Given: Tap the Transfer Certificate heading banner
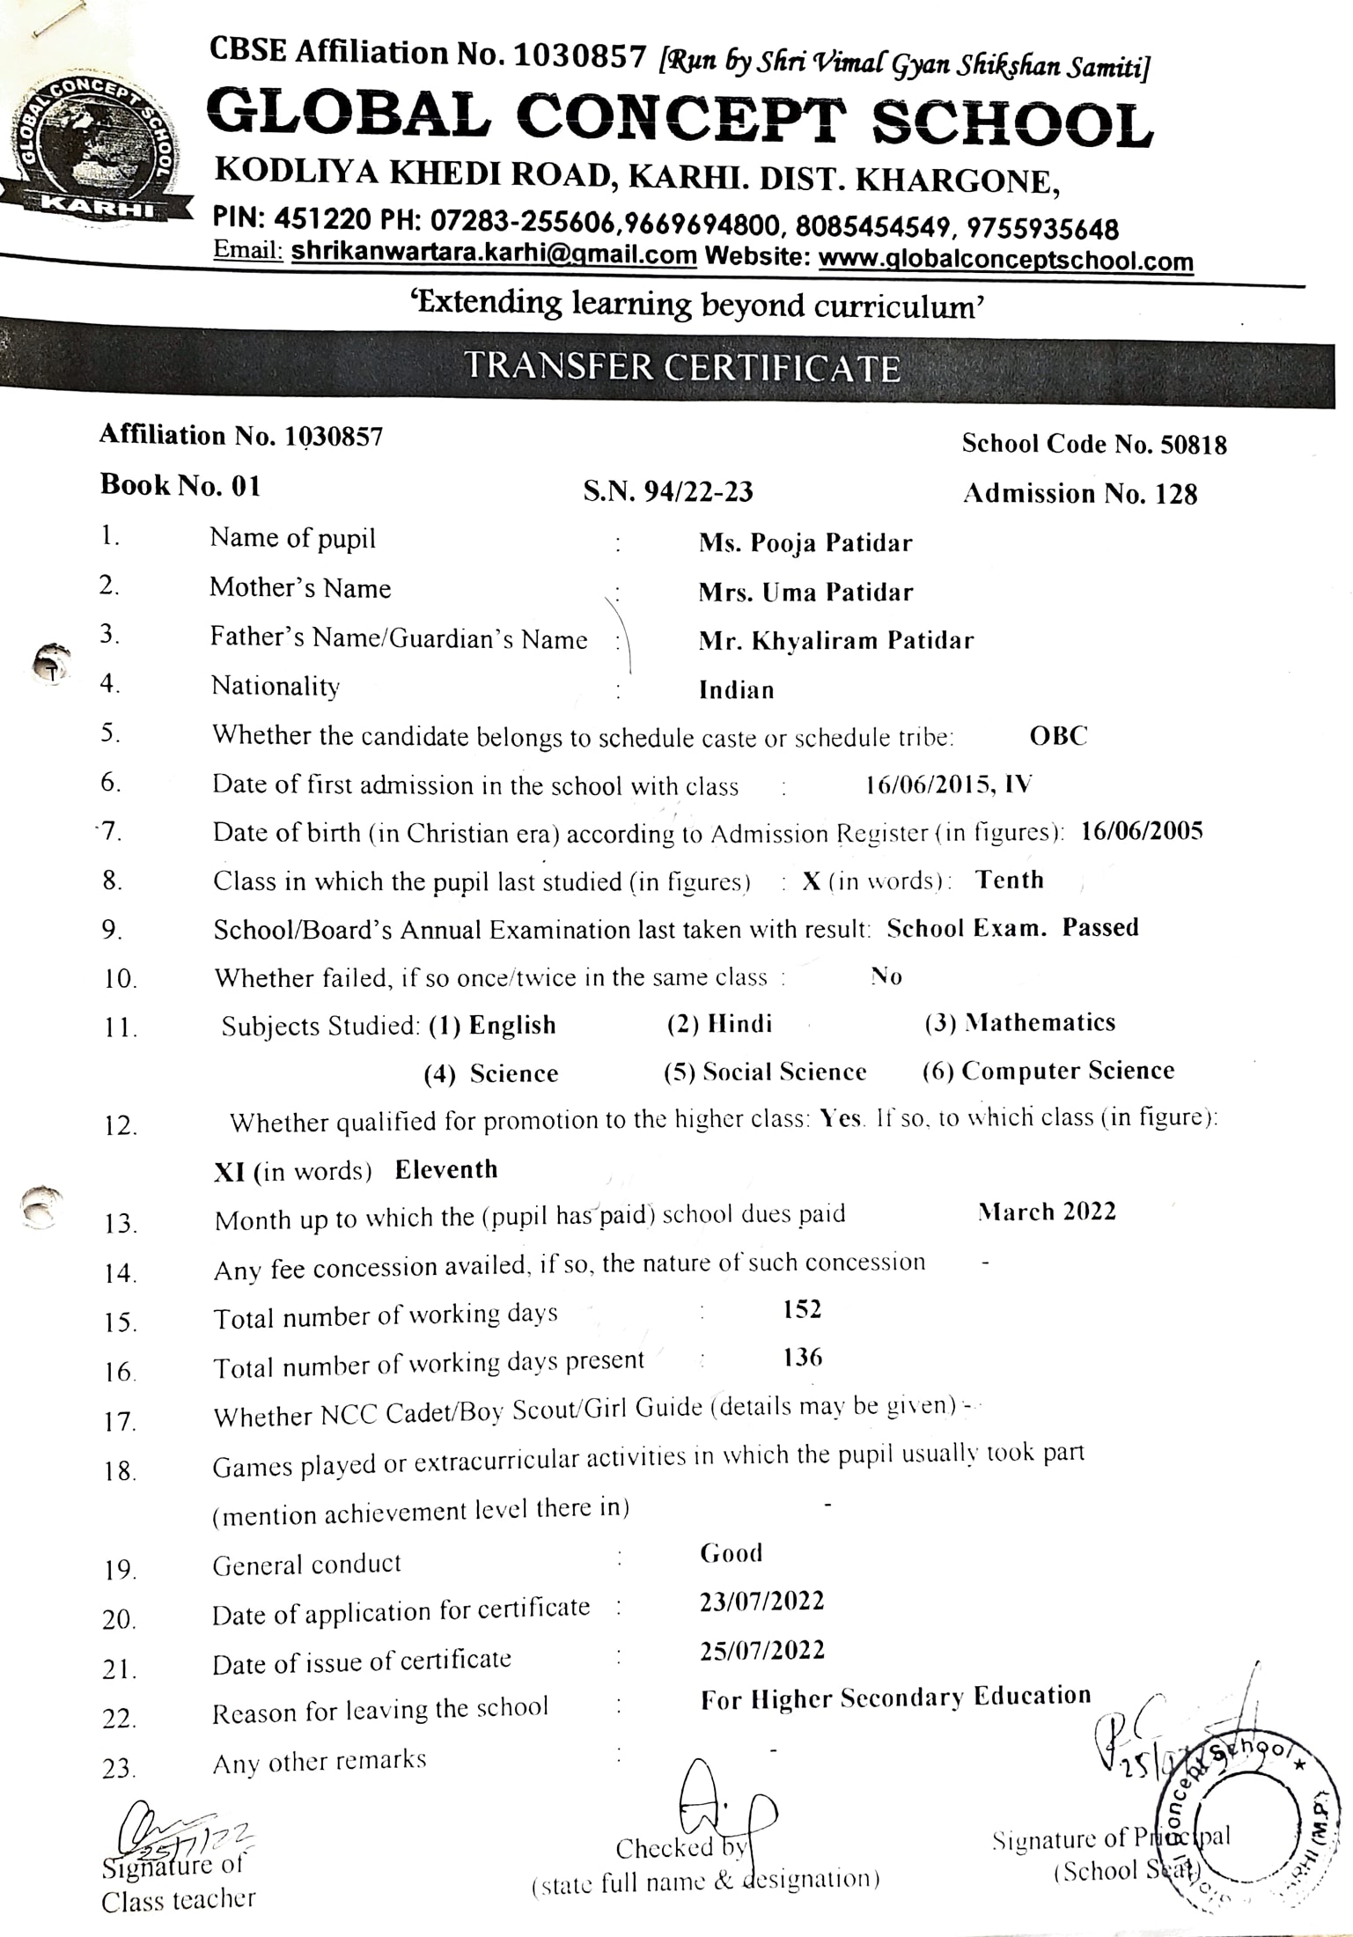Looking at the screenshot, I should [682, 366].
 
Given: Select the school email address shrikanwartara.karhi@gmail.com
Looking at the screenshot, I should [494, 254].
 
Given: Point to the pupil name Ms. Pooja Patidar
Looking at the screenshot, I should [805, 543].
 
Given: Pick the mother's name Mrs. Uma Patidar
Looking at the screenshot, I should [805, 593].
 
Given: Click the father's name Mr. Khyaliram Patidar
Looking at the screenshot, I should [835, 641].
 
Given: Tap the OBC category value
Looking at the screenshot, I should [1058, 736].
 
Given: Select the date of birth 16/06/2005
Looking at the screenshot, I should [1142, 832].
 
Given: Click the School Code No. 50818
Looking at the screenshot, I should [1093, 445].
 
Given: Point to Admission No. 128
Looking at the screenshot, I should [1080, 494].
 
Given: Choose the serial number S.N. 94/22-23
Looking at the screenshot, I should [668, 491].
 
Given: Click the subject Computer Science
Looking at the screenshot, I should [1067, 1071].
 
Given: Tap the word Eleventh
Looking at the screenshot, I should [446, 1170].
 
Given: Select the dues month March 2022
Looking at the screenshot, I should [1047, 1212].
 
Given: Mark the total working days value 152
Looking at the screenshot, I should [802, 1309].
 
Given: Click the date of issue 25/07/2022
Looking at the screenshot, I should [762, 1650].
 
